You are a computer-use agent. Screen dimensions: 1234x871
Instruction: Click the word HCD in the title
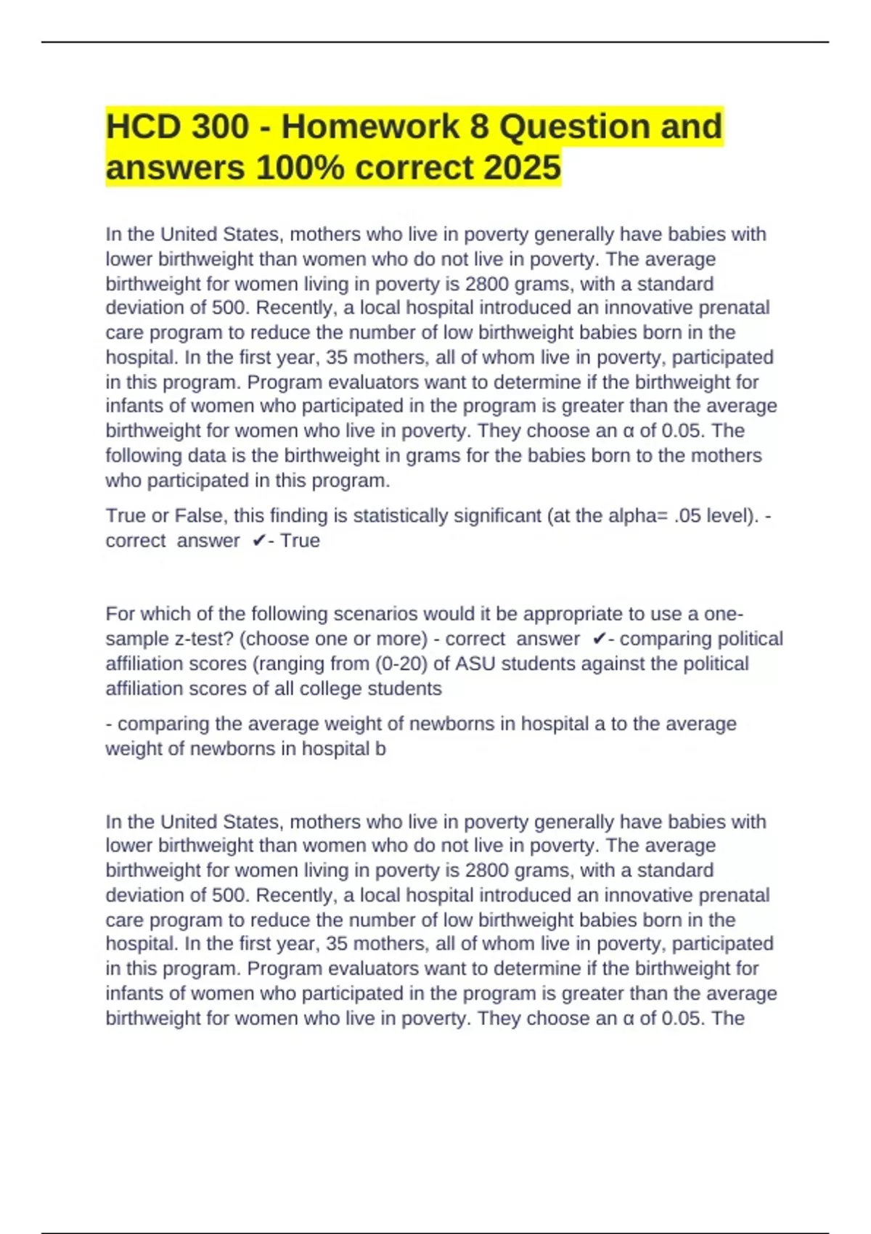[142, 126]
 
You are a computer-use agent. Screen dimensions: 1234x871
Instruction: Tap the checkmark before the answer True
[259, 541]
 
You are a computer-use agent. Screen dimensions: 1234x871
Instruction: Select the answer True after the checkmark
[300, 541]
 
